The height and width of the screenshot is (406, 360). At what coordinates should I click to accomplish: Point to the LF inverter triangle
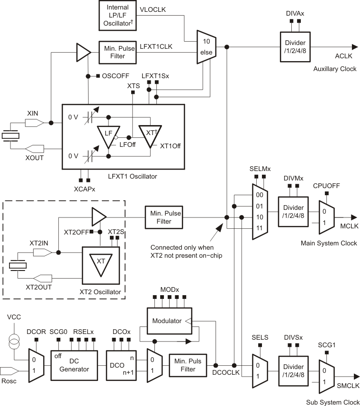tap(108, 135)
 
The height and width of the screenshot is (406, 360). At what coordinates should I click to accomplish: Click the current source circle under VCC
tap(15, 340)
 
